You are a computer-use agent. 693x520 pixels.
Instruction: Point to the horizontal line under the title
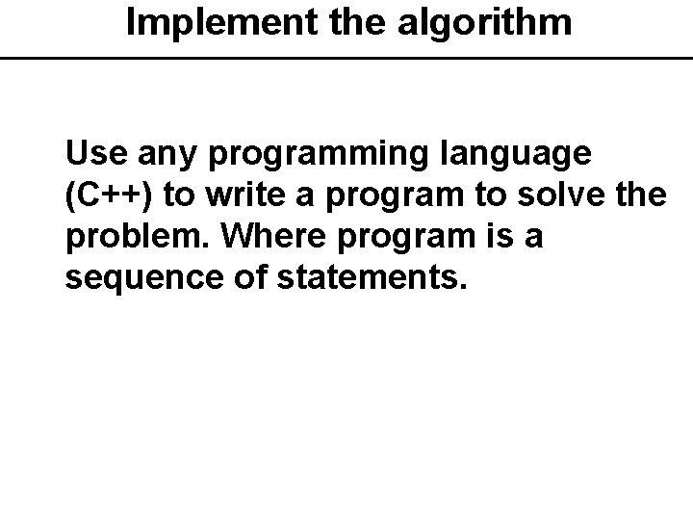[x=346, y=58]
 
